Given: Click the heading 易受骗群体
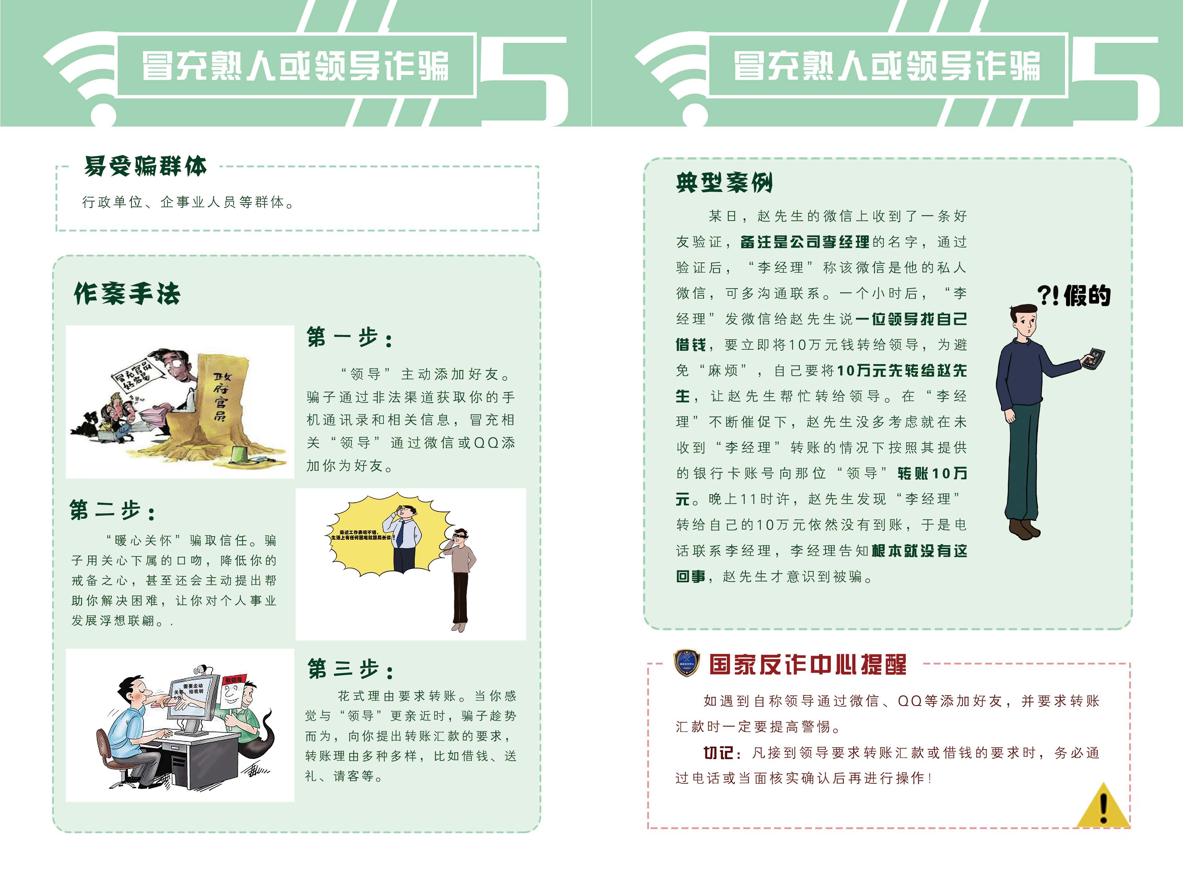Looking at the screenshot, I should click(x=145, y=166).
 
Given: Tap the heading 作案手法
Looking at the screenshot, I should click(x=127, y=293).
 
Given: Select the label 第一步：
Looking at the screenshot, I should click(x=350, y=337).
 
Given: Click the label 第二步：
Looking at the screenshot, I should click(x=113, y=511).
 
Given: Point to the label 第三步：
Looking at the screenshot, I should click(x=351, y=669).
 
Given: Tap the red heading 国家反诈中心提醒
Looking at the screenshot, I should click(x=807, y=665).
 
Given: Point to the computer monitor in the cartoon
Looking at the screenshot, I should click(x=193, y=699).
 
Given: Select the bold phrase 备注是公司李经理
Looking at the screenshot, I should click(x=805, y=242).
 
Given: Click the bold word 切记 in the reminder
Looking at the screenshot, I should click(x=718, y=753).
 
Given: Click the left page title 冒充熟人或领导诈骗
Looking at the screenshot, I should click(x=295, y=66).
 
